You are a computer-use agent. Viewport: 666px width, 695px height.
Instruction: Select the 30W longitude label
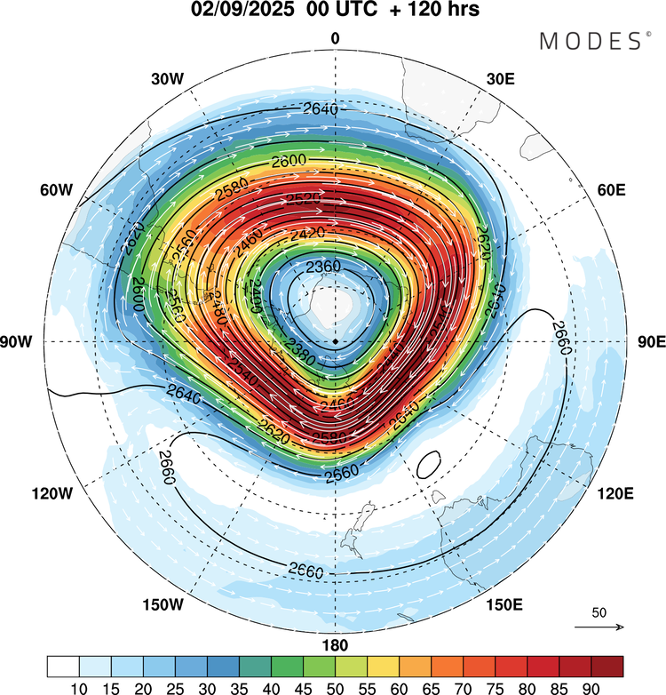click(169, 79)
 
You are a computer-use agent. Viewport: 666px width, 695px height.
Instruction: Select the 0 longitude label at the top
click(335, 38)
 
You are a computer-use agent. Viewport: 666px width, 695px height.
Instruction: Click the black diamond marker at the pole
click(336, 341)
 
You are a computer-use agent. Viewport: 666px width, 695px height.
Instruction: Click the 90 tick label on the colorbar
click(591, 687)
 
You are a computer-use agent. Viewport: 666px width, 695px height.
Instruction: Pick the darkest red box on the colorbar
click(607, 666)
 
